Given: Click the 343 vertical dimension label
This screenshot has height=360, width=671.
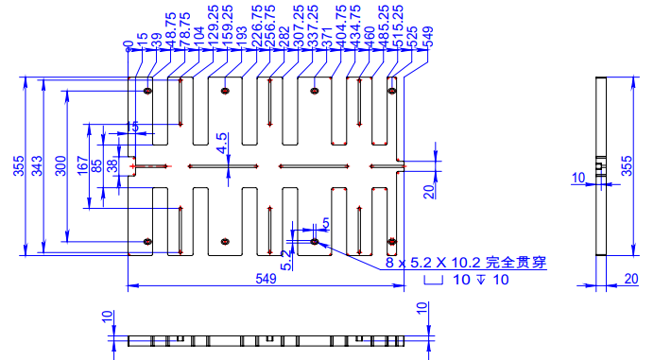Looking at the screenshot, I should click(37, 165).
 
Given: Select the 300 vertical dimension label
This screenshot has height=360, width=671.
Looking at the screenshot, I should click(60, 165).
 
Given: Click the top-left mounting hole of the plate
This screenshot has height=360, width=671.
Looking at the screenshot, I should click(147, 92).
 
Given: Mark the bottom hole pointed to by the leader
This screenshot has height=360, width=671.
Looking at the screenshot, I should click(315, 242).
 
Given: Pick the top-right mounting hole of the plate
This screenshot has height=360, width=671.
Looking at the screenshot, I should click(392, 92).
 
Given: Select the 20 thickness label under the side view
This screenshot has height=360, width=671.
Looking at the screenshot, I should click(631, 278).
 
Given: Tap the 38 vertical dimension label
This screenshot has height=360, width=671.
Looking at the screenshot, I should click(112, 165).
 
